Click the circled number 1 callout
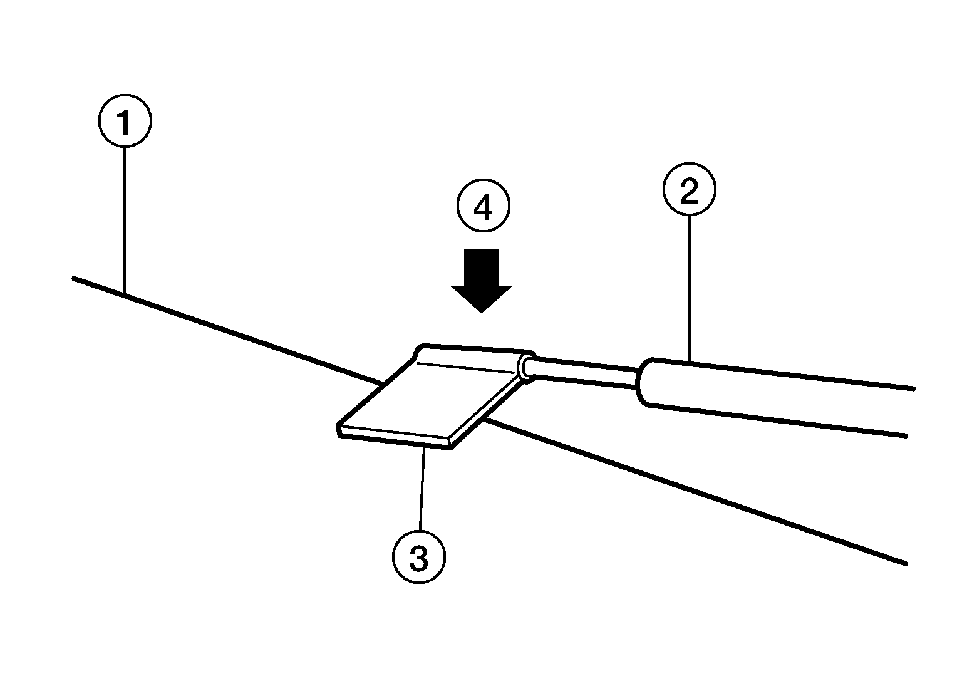pos(125,121)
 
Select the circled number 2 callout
pos(690,189)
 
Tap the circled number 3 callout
pos(419,556)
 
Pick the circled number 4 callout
pos(483,206)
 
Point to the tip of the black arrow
pos(482,313)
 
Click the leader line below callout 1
pos(125,221)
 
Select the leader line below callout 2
pos(690,289)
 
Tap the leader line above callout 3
pos(422,489)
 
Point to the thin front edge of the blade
pos(394,438)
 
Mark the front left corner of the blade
pos(338,427)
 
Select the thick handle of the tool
pos(773,397)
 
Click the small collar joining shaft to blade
pos(527,366)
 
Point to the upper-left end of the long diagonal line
pos(73,278)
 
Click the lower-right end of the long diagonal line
pos(906,564)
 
